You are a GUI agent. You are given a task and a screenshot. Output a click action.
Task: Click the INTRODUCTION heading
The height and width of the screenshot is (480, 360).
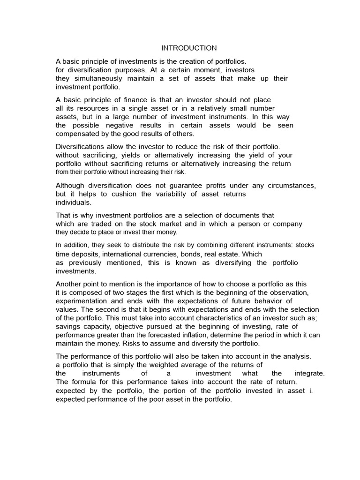point(189,48)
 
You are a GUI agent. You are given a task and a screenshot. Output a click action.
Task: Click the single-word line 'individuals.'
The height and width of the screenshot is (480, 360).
point(74,202)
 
